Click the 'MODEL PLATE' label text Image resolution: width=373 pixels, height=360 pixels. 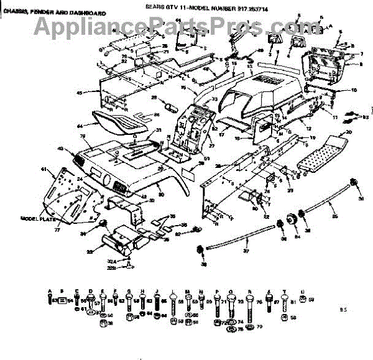click(x=37, y=219)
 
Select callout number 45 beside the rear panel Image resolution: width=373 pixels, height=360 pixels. click(x=79, y=93)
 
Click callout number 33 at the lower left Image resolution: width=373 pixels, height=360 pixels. click(x=90, y=252)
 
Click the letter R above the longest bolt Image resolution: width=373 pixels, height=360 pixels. click(x=249, y=291)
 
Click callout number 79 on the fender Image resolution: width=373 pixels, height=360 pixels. click(x=83, y=136)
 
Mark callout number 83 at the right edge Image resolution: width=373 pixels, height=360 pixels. click(x=366, y=116)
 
